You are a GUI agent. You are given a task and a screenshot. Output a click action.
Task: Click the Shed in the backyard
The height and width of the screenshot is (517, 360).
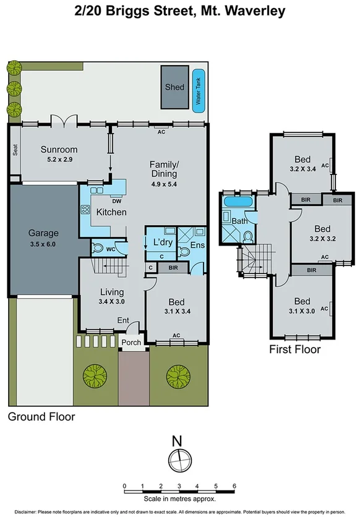174,87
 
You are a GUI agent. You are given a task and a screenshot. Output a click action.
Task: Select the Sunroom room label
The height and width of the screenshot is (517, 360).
59,150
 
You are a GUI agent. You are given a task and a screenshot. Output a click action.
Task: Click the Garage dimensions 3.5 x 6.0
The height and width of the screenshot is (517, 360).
43,244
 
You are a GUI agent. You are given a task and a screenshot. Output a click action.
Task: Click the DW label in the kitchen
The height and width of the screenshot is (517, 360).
116,200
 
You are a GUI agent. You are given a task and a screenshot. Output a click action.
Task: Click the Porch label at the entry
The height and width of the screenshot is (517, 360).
131,342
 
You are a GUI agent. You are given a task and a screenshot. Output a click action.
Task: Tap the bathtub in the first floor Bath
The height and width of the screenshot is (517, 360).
238,202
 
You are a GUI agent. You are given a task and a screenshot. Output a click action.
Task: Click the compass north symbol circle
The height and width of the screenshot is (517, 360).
178,461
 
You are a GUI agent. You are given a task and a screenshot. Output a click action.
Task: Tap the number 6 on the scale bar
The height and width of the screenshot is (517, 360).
234,485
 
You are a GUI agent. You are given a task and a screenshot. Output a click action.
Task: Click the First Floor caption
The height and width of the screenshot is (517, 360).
294,349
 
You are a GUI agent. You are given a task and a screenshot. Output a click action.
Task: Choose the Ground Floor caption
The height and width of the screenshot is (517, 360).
41,417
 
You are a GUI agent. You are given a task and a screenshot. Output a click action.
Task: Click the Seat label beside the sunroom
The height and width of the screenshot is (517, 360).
14,150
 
